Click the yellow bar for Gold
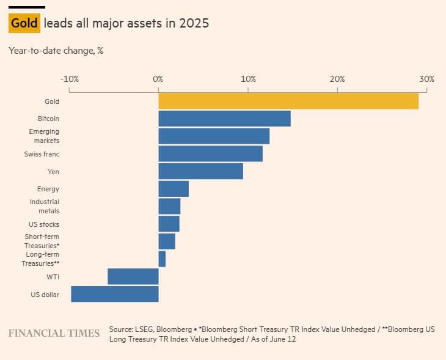288,101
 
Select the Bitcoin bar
224,119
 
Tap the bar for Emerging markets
214,136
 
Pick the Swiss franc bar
210,153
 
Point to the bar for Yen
200,171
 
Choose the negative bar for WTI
133,276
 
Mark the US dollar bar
115,294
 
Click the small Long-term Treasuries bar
162,259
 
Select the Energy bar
174,189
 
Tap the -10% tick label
69,79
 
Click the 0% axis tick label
158,79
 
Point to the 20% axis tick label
337,79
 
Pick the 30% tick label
426,79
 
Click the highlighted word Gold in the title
24,24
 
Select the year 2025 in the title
195,24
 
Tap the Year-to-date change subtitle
56,51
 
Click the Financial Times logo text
54,334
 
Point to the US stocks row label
44,224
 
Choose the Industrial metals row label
45,207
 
